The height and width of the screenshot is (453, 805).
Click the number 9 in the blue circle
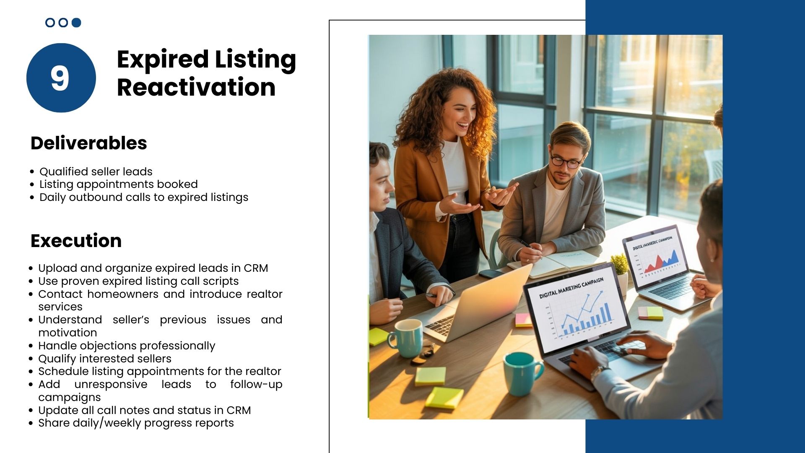pyautogui.click(x=60, y=78)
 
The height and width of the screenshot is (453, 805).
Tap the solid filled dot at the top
pyautogui.click(x=76, y=23)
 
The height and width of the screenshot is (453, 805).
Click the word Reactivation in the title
pyautogui.click(x=196, y=87)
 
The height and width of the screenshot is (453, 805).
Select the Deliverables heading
pyautogui.click(x=89, y=143)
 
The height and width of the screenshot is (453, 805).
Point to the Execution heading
pyautogui.click(x=76, y=241)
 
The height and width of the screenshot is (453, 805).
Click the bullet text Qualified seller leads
pyautogui.click(x=96, y=172)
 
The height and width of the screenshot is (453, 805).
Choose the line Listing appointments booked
pyautogui.click(x=119, y=184)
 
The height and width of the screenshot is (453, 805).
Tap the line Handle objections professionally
pyautogui.click(x=127, y=346)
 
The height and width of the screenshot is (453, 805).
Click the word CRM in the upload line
pyautogui.click(x=256, y=268)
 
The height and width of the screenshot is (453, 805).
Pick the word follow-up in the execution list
pyautogui.click(x=256, y=385)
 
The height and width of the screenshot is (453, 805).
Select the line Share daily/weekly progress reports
pyautogui.click(x=136, y=423)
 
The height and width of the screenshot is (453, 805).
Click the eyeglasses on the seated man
pyautogui.click(x=566, y=161)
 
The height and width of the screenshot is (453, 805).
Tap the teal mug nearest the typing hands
pyautogui.click(x=522, y=373)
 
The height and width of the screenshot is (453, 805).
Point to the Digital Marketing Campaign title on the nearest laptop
pyautogui.click(x=571, y=287)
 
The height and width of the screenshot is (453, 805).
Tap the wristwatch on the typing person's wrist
pyautogui.click(x=599, y=372)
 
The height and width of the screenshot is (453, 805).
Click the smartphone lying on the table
pyautogui.click(x=491, y=273)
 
